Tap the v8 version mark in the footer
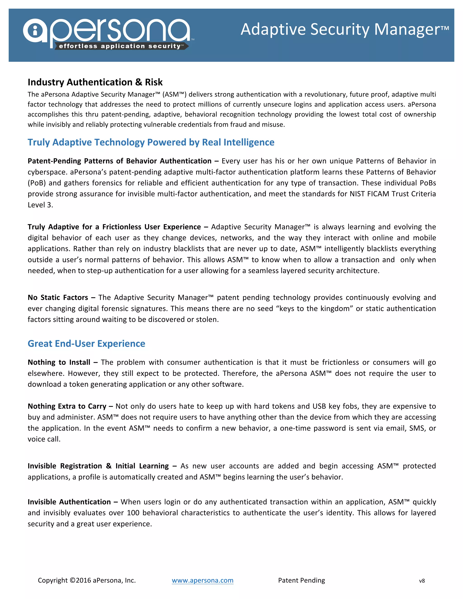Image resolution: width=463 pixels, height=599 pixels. [422, 581]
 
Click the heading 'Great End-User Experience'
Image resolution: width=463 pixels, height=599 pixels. [86, 343]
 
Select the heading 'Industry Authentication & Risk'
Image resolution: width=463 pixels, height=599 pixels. [95, 82]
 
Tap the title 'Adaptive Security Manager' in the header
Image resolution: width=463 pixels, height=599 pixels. [345, 29]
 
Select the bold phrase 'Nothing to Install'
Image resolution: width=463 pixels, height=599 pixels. [59, 362]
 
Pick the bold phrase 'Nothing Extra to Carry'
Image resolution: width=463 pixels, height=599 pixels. [67, 406]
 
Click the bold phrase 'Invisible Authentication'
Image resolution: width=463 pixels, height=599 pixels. [69, 502]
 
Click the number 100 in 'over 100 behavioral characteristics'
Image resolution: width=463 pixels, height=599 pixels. [133, 513]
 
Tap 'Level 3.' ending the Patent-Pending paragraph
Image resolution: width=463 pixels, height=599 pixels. [40, 205]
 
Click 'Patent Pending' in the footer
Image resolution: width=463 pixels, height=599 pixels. [301, 580]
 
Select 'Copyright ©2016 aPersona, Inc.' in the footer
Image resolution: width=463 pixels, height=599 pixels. [87, 580]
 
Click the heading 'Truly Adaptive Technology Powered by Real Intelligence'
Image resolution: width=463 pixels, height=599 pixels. [151, 142]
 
